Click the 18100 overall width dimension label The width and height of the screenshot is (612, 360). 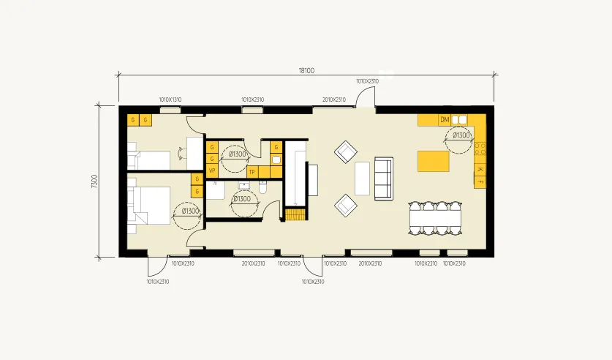pyautogui.click(x=306, y=71)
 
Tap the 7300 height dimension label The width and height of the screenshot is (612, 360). pyautogui.click(x=94, y=181)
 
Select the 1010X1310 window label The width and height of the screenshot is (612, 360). pyautogui.click(x=170, y=100)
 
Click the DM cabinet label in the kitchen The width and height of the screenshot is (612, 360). pyautogui.click(x=444, y=119)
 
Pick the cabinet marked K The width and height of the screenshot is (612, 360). pyautogui.click(x=480, y=170)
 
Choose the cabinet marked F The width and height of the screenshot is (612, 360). pyautogui.click(x=480, y=181)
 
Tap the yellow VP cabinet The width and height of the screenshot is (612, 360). pyautogui.click(x=212, y=171)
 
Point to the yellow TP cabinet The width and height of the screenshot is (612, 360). pyautogui.click(x=252, y=172)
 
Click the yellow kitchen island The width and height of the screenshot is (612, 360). pyautogui.click(x=433, y=160)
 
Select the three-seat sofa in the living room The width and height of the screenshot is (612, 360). pyautogui.click(x=383, y=179)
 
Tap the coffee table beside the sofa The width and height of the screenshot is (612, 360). pyautogui.click(x=363, y=179)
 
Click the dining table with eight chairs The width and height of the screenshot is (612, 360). pyautogui.click(x=436, y=217)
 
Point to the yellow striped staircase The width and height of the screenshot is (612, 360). pyautogui.click(x=294, y=214)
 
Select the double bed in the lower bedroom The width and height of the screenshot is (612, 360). pyautogui.click(x=149, y=204)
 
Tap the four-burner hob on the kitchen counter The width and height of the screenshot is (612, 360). pyautogui.click(x=480, y=149)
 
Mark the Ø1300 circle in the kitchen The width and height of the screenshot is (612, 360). pyautogui.click(x=461, y=136)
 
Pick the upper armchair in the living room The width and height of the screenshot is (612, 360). pyautogui.click(x=345, y=151)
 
